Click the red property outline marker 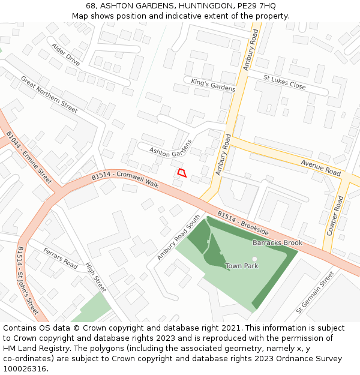click(x=182, y=173)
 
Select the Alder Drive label click(x=65, y=54)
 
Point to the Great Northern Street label click(x=49, y=94)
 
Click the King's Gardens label click(x=213, y=85)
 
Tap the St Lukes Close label click(x=284, y=82)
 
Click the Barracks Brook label click(x=277, y=242)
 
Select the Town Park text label click(x=242, y=266)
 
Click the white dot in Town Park click(x=254, y=259)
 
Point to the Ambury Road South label click(x=178, y=238)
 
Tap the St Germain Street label click(x=315, y=293)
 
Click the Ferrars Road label click(x=60, y=257)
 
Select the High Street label click(x=95, y=277)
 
